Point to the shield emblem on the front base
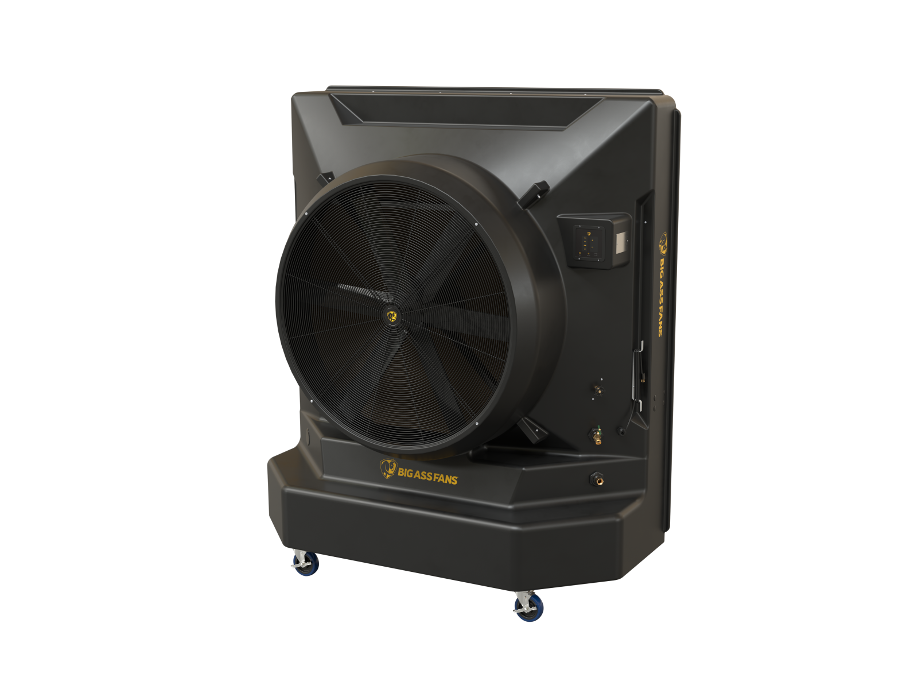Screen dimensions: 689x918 (387, 469)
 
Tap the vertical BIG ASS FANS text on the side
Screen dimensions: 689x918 (661, 296)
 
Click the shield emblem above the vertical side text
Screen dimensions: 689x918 (663, 242)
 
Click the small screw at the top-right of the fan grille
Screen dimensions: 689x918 (476, 224)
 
